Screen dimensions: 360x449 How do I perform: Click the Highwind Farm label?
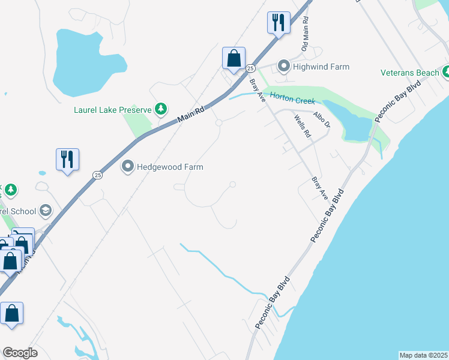pos(321,67)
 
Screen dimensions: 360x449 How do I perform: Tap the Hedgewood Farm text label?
pos(170,167)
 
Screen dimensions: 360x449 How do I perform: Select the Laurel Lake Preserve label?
pos(112,110)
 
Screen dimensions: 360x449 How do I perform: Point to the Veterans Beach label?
pos(410,73)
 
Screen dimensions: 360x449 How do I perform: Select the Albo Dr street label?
pos(322,119)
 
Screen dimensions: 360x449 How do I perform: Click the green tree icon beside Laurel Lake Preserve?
pos(160,109)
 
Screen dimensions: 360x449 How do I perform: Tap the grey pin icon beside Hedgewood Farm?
pos(128,166)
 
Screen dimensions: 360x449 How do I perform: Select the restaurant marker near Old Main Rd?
pos(279,23)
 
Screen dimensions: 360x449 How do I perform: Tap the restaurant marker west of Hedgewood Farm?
pos(67,159)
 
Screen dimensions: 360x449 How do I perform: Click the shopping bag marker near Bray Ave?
pos(234,58)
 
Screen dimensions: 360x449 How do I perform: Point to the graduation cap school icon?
pos(45,211)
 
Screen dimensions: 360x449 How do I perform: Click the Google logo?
pos(19,353)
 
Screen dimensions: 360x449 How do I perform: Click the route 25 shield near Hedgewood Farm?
pos(97,175)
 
